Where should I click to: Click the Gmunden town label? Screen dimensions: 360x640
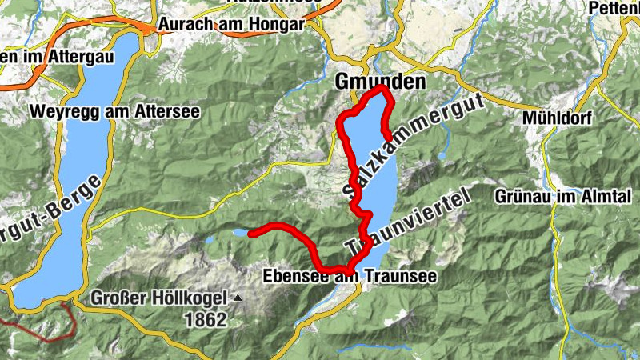pyautogui.click(x=379, y=81)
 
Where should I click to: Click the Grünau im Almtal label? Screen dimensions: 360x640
pyautogui.click(x=563, y=195)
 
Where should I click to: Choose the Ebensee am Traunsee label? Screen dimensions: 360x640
pyautogui.click(x=350, y=277)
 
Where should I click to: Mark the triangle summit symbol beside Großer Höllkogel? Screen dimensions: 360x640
pyautogui.click(x=237, y=298)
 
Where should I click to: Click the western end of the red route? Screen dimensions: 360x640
pyautogui.click(x=252, y=233)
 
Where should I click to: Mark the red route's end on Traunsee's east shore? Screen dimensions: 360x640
pyautogui.click(x=386, y=134)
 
